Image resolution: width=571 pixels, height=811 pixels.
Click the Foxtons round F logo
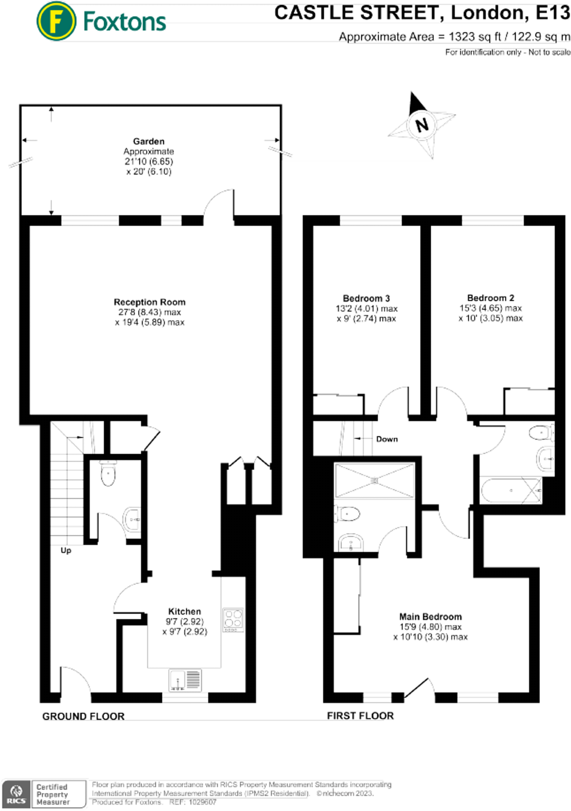click(56, 21)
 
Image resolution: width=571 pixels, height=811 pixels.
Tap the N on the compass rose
click(422, 125)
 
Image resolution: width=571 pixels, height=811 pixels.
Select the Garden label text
click(148, 141)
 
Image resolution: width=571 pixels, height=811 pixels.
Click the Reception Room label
click(149, 302)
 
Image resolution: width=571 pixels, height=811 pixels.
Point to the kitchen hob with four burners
click(233, 620)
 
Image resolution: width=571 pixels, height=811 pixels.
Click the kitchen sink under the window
click(185, 680)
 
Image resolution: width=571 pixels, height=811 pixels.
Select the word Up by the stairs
click(66, 550)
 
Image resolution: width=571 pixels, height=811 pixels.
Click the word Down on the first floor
click(386, 439)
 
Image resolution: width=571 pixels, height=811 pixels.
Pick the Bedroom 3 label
click(366, 298)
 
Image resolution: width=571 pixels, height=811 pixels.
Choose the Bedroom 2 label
click(490, 298)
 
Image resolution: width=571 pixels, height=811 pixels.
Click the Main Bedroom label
click(430, 617)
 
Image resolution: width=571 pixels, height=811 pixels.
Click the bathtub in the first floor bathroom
click(511, 491)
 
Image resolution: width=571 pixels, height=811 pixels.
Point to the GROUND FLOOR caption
click(83, 716)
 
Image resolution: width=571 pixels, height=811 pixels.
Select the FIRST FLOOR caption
click(360, 716)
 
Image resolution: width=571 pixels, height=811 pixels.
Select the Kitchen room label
click(184, 611)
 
